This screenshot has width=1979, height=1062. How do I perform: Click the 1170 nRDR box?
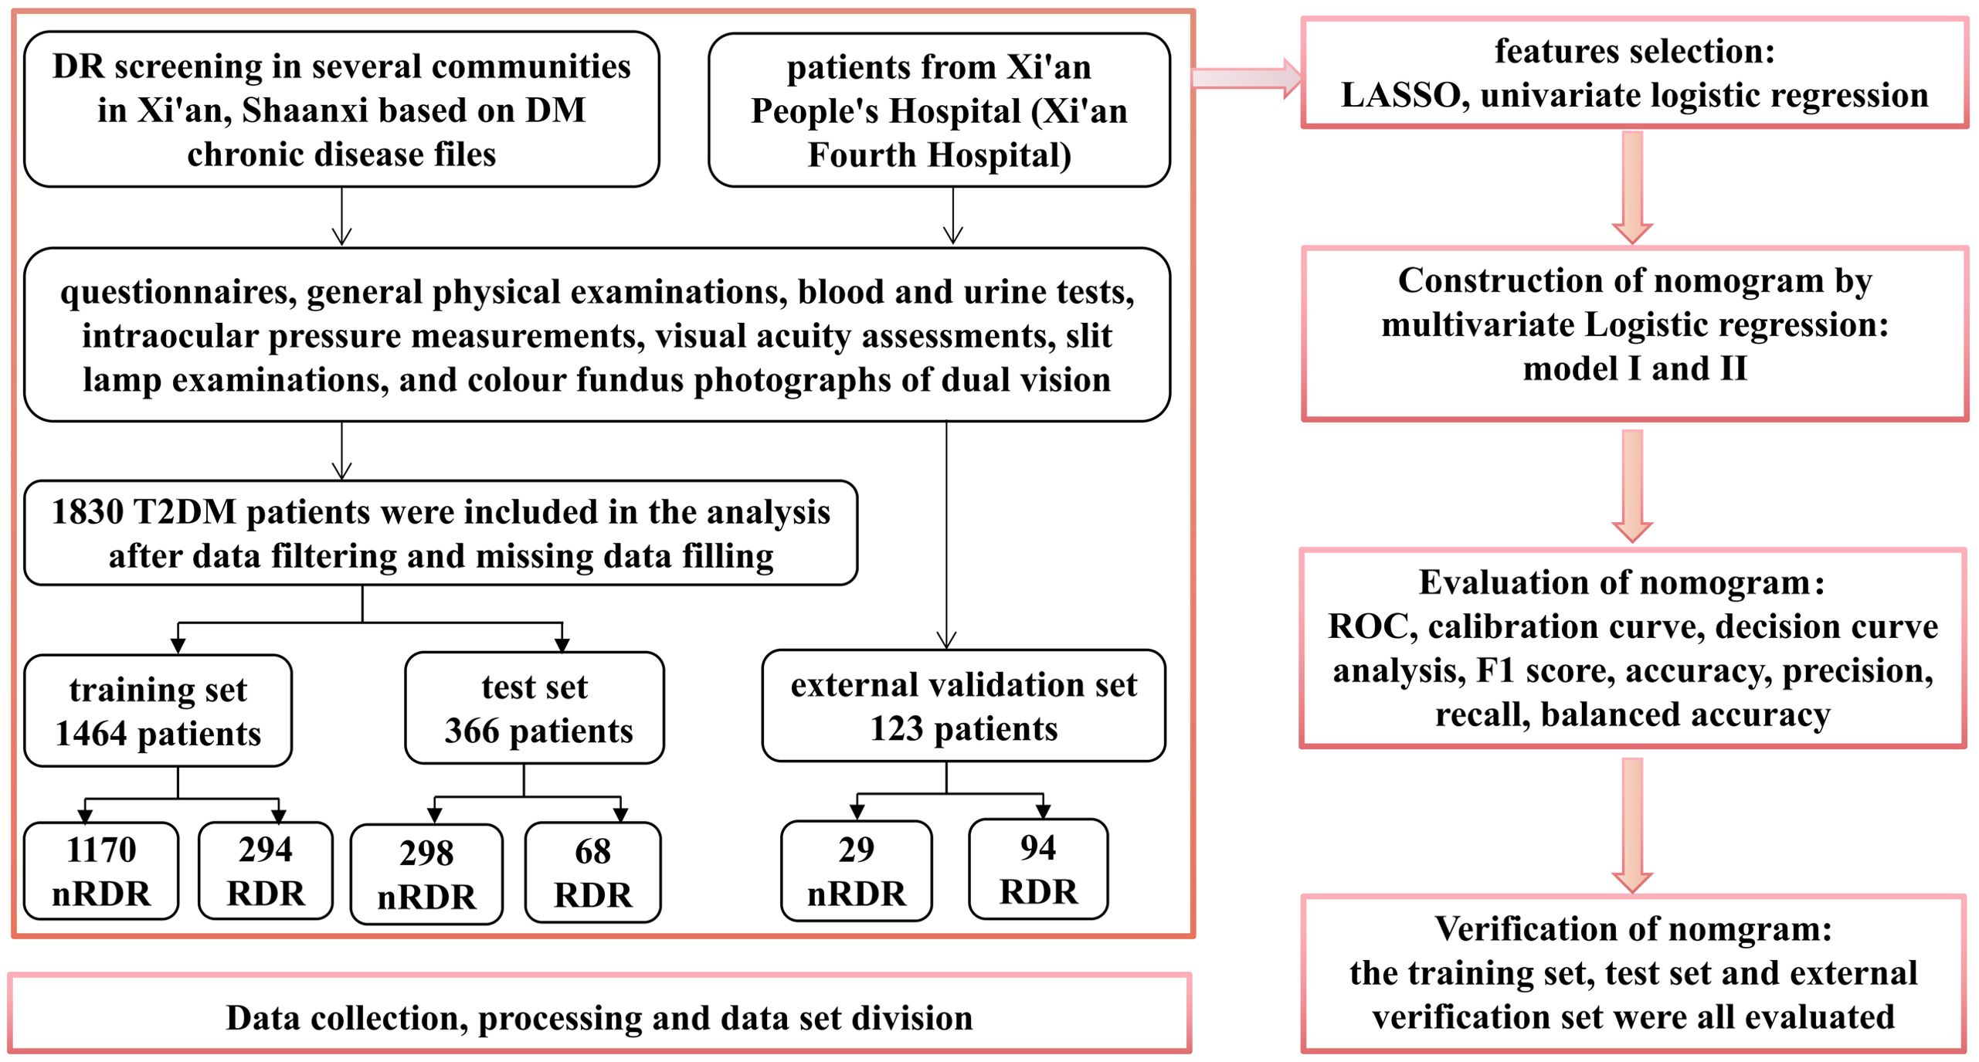(101, 870)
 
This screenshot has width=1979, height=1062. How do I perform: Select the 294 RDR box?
(266, 870)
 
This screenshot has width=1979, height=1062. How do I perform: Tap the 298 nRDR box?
(426, 874)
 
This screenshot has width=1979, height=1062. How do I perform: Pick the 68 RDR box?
(592, 873)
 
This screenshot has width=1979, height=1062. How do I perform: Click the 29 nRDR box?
(856, 871)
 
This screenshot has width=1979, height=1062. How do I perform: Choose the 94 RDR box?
(1038, 869)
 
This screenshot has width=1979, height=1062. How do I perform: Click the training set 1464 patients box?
(158, 711)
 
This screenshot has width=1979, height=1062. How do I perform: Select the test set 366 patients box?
(535, 708)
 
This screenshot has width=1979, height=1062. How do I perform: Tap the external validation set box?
(963, 706)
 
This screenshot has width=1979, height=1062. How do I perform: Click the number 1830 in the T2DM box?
(87, 512)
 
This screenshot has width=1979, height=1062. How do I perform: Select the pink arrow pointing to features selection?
(1247, 78)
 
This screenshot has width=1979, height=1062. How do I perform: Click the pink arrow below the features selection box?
(1632, 188)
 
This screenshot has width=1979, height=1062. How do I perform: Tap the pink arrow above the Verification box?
(1632, 826)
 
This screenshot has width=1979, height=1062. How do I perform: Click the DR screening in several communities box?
(341, 110)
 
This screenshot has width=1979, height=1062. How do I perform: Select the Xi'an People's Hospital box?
(939, 110)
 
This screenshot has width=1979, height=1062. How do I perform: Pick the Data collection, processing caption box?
(599, 1013)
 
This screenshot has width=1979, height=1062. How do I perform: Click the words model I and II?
(1634, 369)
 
